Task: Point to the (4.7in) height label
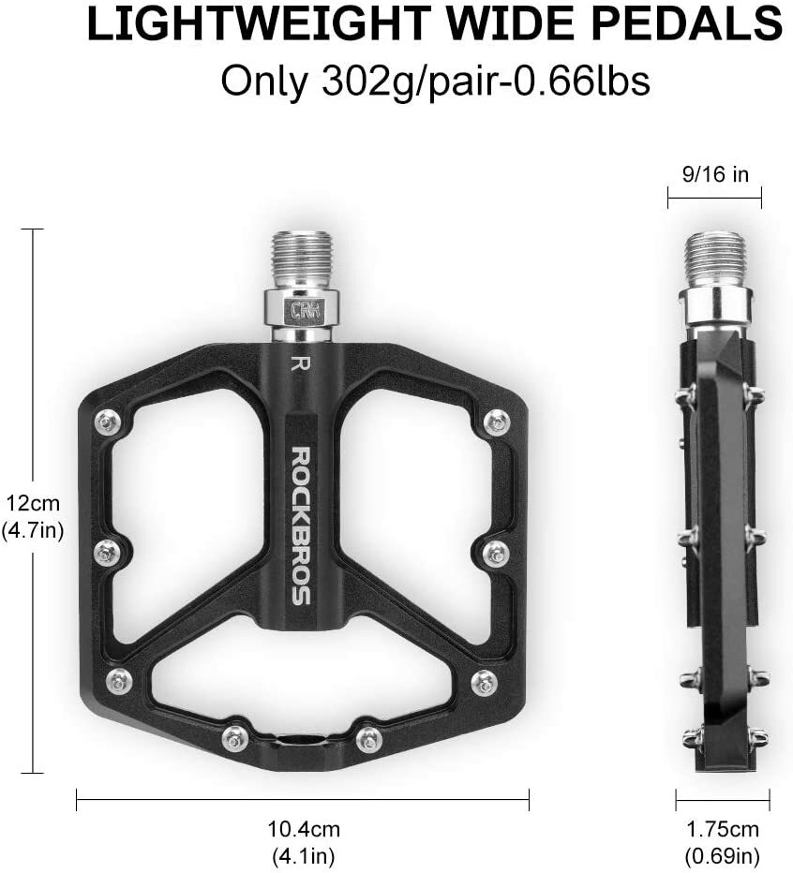tap(33, 530)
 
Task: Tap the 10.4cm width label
tap(303, 828)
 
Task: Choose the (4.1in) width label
tap(303, 855)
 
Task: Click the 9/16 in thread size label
tap(714, 173)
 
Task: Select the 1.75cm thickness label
tap(723, 829)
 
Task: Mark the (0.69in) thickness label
tap(723, 855)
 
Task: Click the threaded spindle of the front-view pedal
tap(300, 259)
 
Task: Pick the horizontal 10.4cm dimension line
tap(303, 799)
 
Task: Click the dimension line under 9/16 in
tap(714, 197)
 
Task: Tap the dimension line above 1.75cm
tap(723, 799)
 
